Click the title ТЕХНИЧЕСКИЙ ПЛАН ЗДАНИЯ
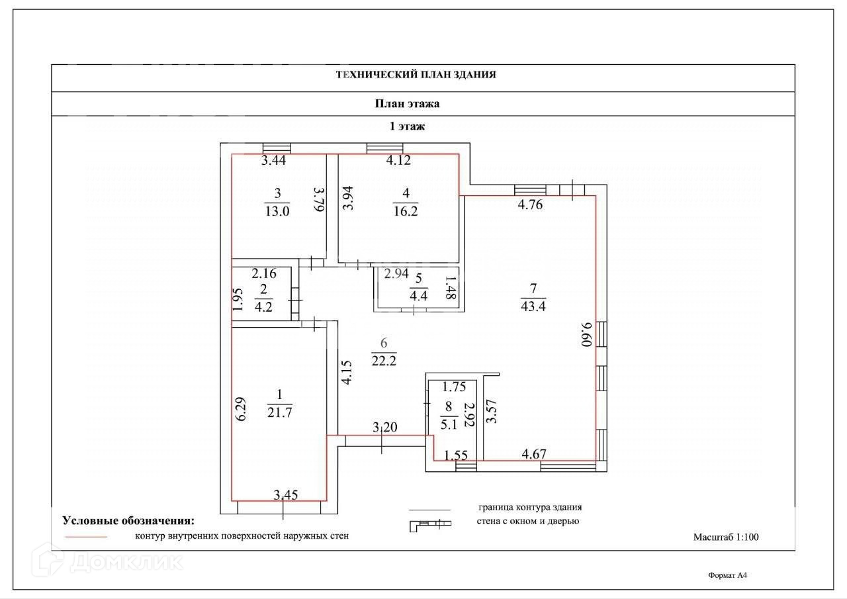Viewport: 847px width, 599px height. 416,75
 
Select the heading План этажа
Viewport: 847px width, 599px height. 407,104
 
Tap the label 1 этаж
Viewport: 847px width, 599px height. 406,126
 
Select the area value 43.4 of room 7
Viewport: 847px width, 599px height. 533,305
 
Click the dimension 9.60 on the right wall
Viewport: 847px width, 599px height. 584,335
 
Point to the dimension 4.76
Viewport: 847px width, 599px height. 530,205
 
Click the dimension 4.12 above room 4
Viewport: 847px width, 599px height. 399,160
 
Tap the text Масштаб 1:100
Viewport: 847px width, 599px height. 726,537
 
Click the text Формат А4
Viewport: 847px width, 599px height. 727,576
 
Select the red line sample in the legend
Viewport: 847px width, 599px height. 86,536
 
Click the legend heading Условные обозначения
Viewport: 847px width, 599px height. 128,520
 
